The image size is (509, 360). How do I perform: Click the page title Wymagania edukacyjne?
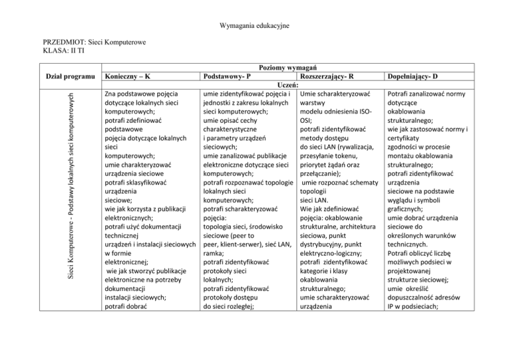[x=254, y=25]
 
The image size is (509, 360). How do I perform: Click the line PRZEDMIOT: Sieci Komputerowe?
[x=89, y=42]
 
